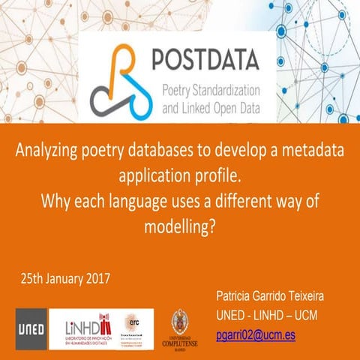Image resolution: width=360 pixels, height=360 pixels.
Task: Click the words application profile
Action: pos(179,176)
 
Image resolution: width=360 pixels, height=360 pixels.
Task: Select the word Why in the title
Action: pos(55,202)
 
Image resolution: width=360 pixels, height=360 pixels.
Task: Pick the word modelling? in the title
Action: pos(179,227)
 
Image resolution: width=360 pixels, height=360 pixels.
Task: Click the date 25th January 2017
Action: pos(65,279)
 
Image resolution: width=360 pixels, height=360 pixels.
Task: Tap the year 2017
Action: pos(97,279)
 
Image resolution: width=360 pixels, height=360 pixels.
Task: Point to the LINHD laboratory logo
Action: pos(85,328)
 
